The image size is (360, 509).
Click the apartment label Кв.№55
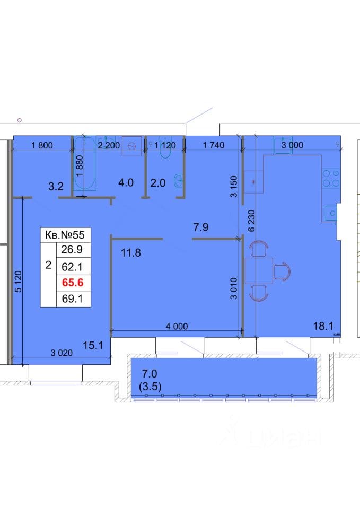click(65, 235)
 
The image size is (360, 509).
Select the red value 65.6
click(73, 283)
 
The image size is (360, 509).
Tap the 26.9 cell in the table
click(72, 249)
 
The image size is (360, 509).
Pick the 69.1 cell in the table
click(72, 299)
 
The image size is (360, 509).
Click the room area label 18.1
click(323, 326)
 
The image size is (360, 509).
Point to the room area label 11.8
click(131, 252)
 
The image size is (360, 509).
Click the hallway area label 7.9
click(200, 227)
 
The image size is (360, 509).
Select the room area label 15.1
click(93, 345)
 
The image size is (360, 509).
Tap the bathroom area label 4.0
click(126, 182)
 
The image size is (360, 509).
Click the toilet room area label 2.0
click(158, 183)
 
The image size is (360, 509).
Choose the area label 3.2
click(56, 186)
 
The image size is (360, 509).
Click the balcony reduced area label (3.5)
click(150, 387)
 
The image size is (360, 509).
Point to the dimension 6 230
click(252, 221)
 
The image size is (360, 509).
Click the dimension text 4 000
click(177, 326)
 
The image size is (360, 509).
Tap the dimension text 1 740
click(214, 145)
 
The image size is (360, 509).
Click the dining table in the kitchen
click(259, 271)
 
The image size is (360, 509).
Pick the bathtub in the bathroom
click(85, 163)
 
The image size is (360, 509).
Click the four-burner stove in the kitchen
click(331, 178)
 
